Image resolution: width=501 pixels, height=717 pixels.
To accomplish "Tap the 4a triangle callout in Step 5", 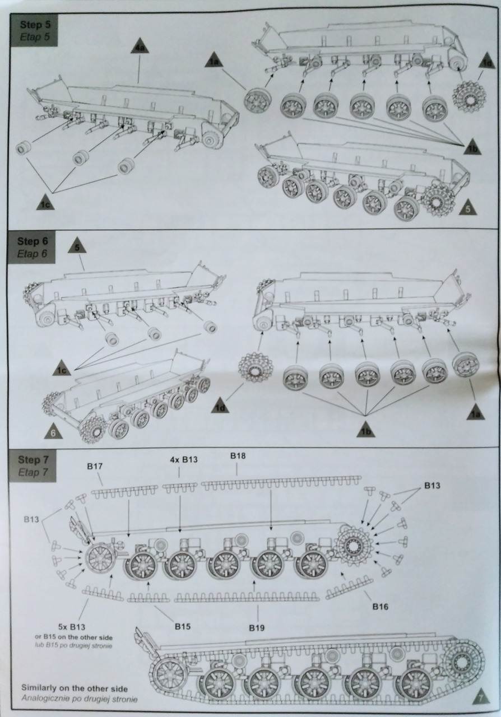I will pyautogui.click(x=140, y=48).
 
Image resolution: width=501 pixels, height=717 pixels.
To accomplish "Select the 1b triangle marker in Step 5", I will pyautogui.click(x=472, y=146).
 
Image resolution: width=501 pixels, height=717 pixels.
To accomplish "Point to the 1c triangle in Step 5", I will pyautogui.click(x=46, y=204).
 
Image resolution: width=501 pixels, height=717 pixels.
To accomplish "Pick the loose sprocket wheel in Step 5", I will pyautogui.click(x=467, y=97).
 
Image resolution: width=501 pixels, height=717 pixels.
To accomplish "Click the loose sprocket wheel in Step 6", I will pyautogui.click(x=253, y=368).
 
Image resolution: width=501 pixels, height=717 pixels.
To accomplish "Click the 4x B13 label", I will pyautogui.click(x=184, y=459).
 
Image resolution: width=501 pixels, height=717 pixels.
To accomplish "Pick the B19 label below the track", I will pyautogui.click(x=257, y=627).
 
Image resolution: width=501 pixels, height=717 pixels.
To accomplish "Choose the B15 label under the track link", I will pyautogui.click(x=183, y=626).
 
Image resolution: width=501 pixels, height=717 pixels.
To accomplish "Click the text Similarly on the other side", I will pyautogui.click(x=74, y=687).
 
